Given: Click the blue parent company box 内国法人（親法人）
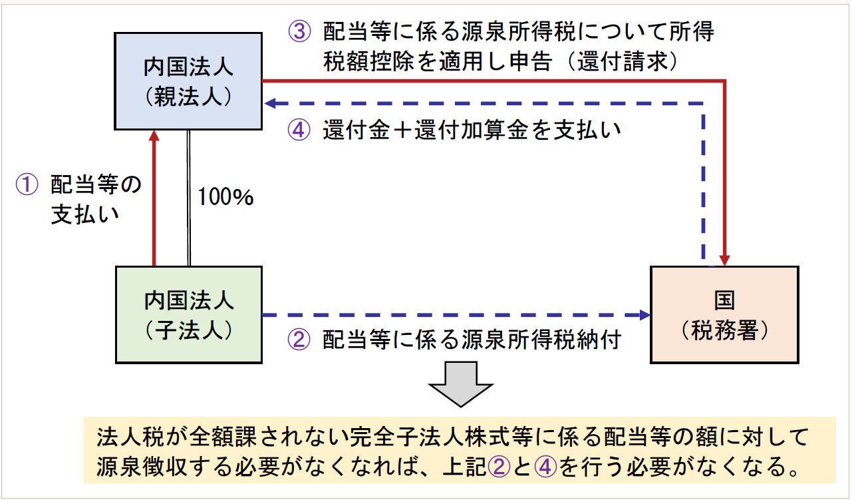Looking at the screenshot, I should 188,81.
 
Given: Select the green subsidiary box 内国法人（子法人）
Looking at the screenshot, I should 188,314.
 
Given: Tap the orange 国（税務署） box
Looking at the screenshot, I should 724,314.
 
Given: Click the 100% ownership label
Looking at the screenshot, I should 225,197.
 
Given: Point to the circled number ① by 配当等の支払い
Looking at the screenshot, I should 29,185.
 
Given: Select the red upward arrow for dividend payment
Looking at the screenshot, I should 154,200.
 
